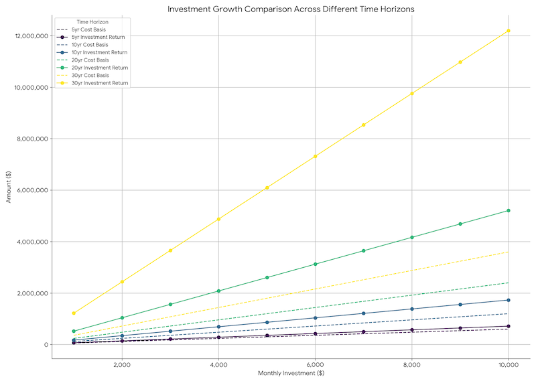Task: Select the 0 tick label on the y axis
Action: pos(44,345)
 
